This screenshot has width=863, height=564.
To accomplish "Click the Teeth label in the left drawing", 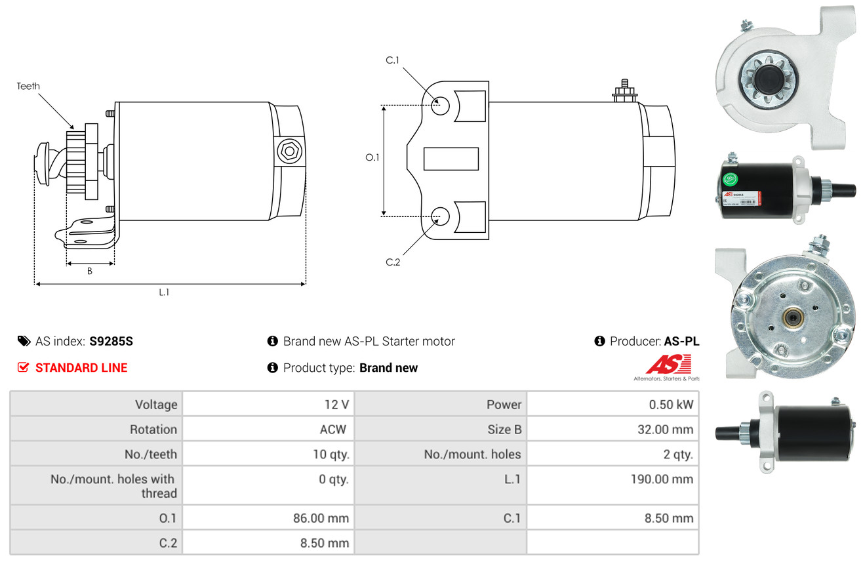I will pos(28,86).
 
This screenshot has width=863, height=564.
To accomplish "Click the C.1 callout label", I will pos(392,60).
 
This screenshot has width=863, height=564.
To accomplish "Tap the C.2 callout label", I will pos(392,262).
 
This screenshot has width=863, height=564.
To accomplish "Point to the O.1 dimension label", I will pos(372,157).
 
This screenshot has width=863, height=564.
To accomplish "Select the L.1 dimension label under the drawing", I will pos(164,292).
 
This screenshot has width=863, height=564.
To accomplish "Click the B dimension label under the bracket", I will pos(90,272).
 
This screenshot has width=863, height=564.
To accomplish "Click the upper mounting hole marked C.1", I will pos(441,105).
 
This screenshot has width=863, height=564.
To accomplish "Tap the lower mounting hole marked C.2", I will pos(441,215).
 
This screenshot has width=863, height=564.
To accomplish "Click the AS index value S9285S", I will pos(111,341).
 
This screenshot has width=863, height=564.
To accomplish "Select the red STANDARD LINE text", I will pos(81,368).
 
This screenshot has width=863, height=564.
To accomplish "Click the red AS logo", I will pos(668,364).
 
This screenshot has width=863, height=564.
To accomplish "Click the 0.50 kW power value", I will pos(670,405).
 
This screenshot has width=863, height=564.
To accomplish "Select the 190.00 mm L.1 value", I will pos(662,479).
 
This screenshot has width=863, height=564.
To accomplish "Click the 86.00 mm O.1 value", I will pos(321,518).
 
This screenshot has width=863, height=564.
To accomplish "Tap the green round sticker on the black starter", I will pos(731,178).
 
